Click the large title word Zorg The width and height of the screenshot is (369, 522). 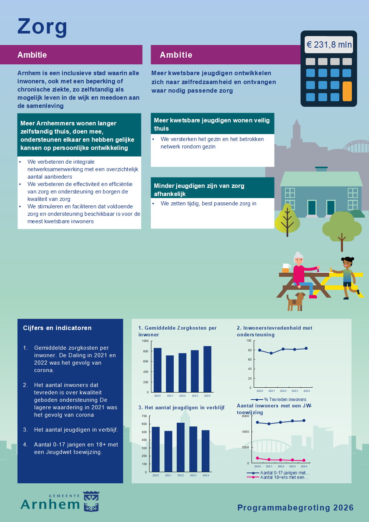pos(42,27)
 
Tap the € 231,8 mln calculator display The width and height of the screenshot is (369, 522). pos(329,45)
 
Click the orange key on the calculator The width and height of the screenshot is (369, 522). pos(347,91)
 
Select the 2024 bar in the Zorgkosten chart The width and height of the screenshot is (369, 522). pos(207,369)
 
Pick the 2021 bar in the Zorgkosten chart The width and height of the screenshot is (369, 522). pos(170,373)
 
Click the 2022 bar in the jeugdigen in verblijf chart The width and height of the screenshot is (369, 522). pos(180,447)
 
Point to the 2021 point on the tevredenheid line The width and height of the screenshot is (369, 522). pos(271,353)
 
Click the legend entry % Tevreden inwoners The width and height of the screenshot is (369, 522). pos(285,400)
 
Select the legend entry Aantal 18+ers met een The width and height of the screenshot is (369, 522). pos(284,477)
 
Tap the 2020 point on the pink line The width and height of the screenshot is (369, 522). pos(257,458)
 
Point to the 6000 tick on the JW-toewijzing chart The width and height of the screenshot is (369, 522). pos(246,416)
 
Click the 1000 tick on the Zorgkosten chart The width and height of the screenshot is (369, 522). pos(145,341)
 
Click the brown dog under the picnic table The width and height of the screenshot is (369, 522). pos(295,301)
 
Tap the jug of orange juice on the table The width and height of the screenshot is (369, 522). pos(286,268)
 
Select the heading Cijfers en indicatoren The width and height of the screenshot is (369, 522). pos(57,328)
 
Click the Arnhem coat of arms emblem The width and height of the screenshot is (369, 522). pos(91,502)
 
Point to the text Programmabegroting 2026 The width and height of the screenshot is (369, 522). pos(295,507)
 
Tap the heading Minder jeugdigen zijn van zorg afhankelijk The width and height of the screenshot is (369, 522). pos(199,189)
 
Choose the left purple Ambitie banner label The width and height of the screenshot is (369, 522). pos(32,55)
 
